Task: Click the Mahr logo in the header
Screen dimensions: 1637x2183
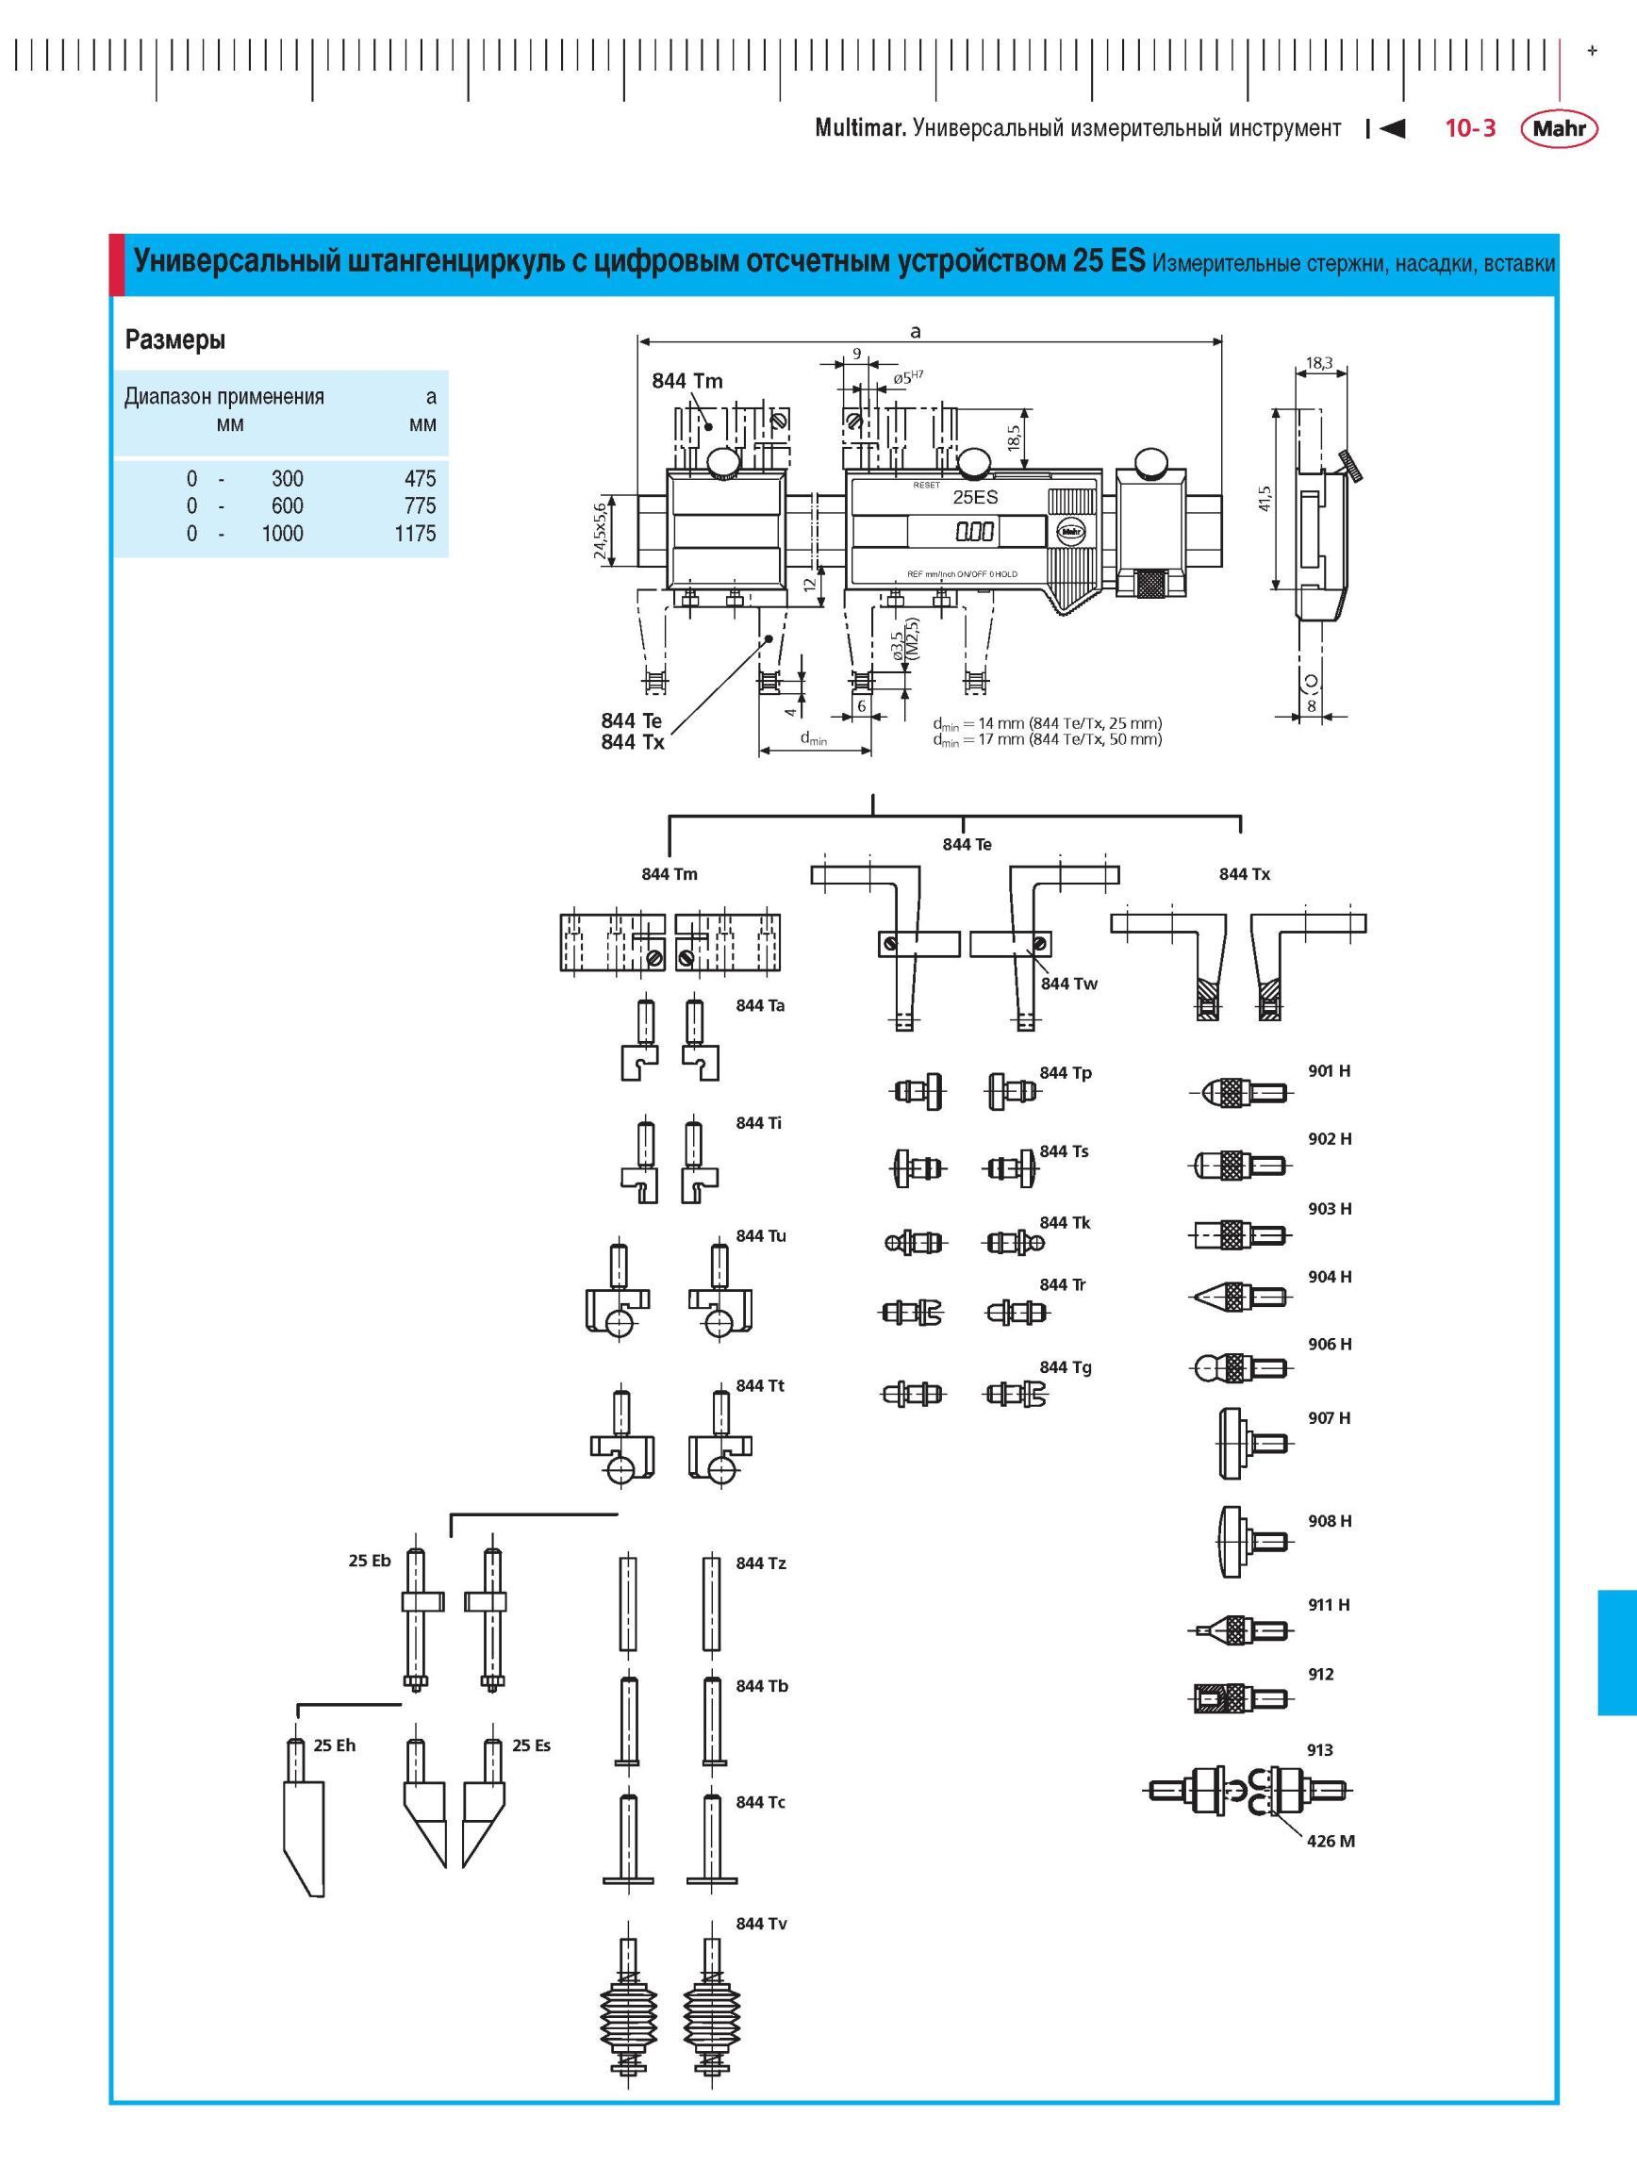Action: tap(1559, 128)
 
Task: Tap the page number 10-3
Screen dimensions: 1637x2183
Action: tap(1470, 128)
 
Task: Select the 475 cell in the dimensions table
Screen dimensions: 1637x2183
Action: tap(420, 479)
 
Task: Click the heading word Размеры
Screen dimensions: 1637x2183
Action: tap(175, 340)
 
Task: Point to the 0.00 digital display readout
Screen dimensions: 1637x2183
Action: tap(974, 533)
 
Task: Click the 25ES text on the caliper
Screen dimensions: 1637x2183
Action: tap(975, 497)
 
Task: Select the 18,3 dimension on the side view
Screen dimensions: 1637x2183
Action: tap(1319, 363)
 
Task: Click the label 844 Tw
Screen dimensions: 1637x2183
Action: tap(1068, 984)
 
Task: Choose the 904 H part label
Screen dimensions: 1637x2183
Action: tap(1331, 1277)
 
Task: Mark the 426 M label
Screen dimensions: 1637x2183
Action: tap(1331, 1841)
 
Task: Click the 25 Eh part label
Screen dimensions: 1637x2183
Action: tap(335, 1745)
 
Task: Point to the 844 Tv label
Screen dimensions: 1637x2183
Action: tap(761, 1924)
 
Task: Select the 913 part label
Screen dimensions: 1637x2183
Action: tap(1320, 1750)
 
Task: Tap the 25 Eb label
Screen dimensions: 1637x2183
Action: tap(370, 1561)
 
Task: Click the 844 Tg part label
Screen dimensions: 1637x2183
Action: tap(1066, 1366)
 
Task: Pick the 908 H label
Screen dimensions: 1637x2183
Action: tap(1331, 1521)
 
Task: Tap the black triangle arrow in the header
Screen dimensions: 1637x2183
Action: tap(1392, 128)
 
